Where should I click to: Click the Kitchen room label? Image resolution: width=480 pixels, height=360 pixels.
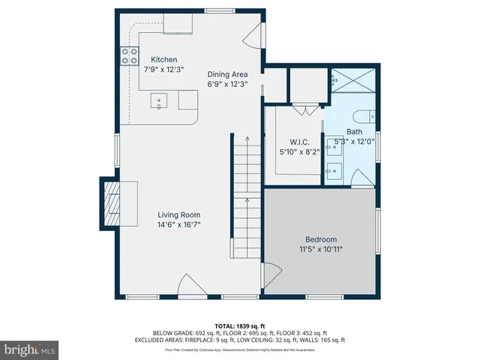163,59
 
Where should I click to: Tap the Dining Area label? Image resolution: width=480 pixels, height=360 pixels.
227,74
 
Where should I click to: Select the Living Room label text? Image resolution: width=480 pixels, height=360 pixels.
178,214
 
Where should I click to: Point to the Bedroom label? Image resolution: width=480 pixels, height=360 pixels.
322,239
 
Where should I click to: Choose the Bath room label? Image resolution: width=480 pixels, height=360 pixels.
353,131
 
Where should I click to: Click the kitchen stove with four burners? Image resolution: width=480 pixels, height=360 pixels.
128,55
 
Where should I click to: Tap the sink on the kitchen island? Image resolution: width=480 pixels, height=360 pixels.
160,99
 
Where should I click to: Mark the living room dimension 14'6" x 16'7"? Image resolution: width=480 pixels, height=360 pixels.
178,224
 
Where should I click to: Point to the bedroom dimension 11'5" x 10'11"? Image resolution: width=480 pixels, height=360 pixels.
322,249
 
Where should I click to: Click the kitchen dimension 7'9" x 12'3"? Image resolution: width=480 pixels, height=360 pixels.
163,69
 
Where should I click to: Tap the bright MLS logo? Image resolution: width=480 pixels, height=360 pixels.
30,349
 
